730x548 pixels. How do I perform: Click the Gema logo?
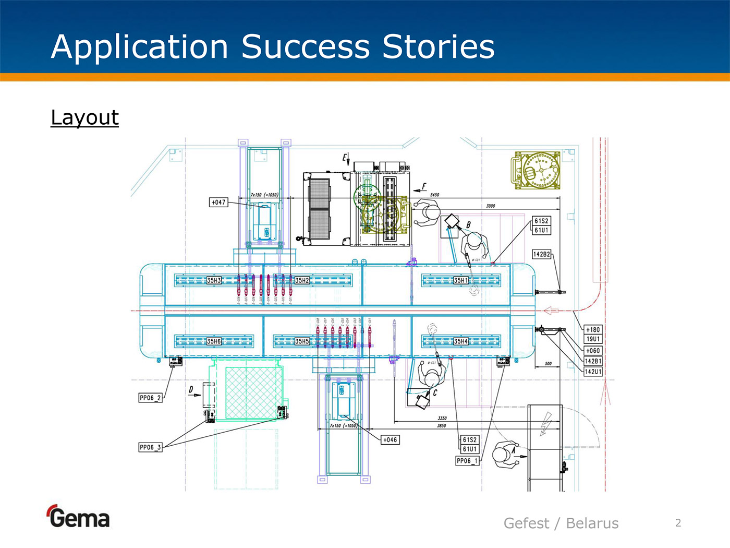78,517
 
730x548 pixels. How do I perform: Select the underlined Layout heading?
84,117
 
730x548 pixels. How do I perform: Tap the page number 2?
678,522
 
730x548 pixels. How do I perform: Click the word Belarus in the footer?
592,523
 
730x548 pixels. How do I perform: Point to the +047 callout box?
218,202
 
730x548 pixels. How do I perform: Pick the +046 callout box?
390,440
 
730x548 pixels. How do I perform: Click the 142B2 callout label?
542,254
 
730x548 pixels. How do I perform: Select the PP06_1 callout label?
467,461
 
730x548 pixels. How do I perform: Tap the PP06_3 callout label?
150,447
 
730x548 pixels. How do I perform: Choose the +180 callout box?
593,330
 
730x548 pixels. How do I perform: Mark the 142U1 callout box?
593,372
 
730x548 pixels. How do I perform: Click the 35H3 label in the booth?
214,280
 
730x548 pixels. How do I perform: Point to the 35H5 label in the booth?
302,341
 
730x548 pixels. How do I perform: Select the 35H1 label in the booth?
461,280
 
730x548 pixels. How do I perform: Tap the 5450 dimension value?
434,195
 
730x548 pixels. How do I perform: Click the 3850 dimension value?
441,426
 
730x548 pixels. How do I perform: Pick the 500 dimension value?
548,363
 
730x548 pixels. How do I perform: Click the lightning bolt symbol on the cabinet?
545,423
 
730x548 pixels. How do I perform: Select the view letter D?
191,389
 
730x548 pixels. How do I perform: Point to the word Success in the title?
305,47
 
